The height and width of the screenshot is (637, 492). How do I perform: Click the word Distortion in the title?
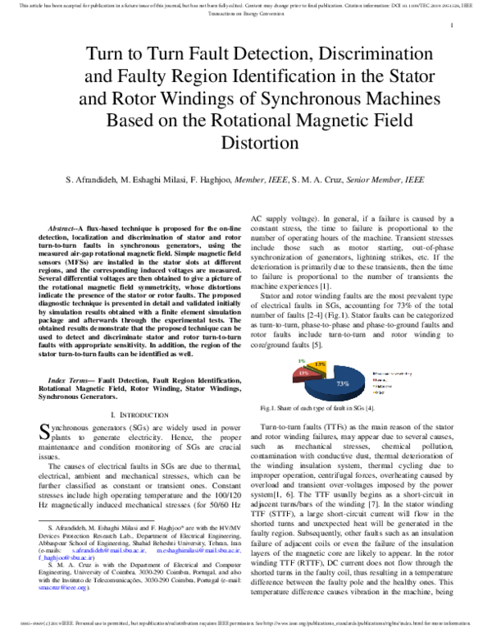(246, 147)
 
